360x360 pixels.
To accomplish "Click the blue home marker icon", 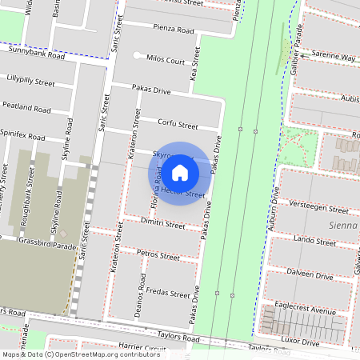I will (180, 173).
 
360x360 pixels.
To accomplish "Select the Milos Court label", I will (165, 61).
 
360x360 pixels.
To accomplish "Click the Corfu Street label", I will (178, 125).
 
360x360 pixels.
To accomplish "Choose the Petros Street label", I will (158, 256).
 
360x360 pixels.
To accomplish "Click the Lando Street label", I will (314, 241).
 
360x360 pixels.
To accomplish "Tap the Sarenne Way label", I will (333, 57).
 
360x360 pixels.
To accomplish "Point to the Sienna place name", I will (344, 226).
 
